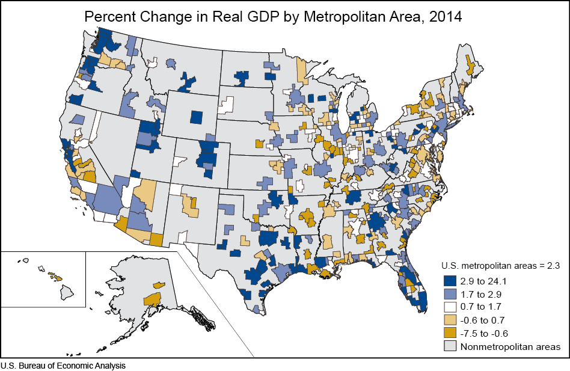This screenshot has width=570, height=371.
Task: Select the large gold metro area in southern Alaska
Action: (x=152, y=299)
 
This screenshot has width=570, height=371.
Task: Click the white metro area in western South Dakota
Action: (x=226, y=105)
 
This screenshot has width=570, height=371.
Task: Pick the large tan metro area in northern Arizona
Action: (x=144, y=193)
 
